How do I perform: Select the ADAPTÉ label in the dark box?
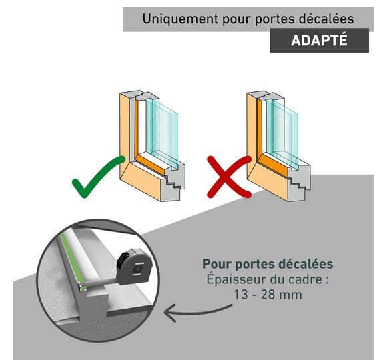pos(319,40)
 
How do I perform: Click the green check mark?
pos(98,177)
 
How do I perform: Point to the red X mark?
pos(229,177)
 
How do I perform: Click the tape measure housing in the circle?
pos(135,267)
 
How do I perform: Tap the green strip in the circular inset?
pos(71,259)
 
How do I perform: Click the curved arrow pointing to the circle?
pos(198,312)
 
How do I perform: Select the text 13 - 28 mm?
pos(268,295)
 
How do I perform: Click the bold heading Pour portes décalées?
pos(268,264)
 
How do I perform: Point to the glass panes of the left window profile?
pos(162,133)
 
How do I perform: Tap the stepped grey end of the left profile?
pos(174,182)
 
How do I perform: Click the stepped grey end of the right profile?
pos(299,183)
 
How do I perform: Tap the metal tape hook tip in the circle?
pos(81,287)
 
